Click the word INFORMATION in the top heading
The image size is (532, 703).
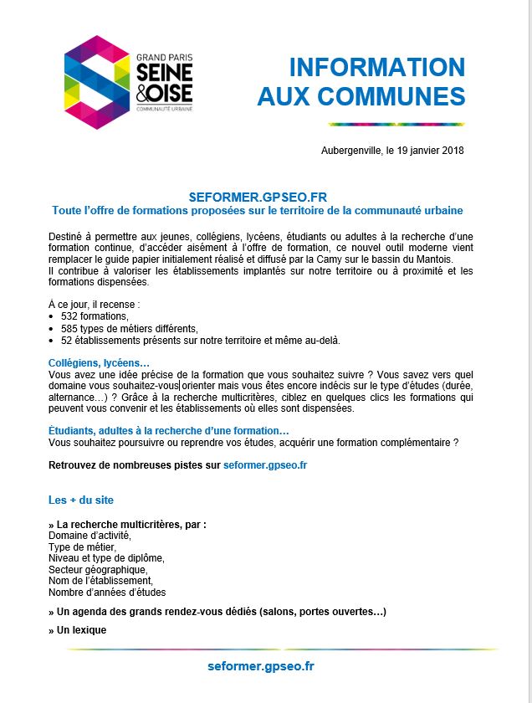[x=376, y=68]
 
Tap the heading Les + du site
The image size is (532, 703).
[x=81, y=500]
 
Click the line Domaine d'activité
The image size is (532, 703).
[x=90, y=536]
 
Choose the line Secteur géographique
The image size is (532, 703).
[x=98, y=569]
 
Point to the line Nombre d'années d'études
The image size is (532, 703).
[x=107, y=592]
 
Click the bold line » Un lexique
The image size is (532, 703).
[x=78, y=629]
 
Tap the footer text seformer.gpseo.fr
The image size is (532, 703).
[x=261, y=666]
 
